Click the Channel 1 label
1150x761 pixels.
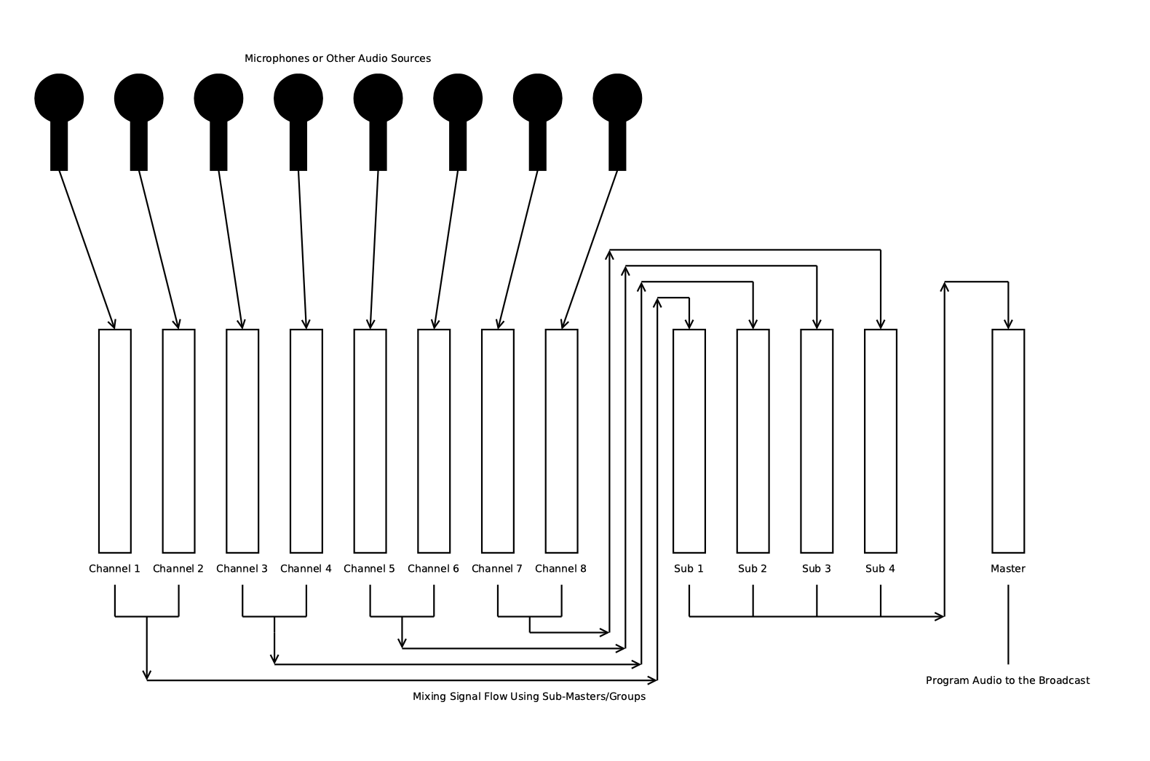pyautogui.click(x=114, y=569)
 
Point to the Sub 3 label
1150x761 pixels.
pyautogui.click(x=817, y=569)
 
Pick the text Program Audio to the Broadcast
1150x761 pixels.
pyautogui.click(x=1008, y=680)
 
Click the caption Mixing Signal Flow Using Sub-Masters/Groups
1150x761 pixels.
pyautogui.click(x=529, y=696)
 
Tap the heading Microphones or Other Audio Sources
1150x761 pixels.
pyautogui.click(x=338, y=58)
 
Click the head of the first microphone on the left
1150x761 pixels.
pyautogui.click(x=59, y=98)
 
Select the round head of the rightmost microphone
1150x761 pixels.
pyautogui.click(x=617, y=98)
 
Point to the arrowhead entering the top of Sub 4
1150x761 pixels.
pyautogui.click(x=881, y=324)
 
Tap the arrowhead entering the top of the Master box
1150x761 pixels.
pyautogui.click(x=1008, y=324)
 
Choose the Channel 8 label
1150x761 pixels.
pyautogui.click(x=560, y=569)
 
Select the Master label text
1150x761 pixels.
pyautogui.click(x=1008, y=569)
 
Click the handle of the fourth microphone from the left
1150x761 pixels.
pyautogui.click(x=298, y=146)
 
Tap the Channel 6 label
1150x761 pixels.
pyautogui.click(x=433, y=569)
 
